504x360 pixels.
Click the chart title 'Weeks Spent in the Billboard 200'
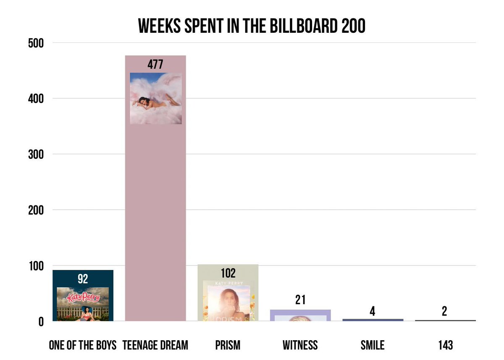tap(252, 26)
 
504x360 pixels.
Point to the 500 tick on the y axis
tap(36, 43)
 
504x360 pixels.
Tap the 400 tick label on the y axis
tap(36, 99)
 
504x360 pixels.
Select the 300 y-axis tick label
tap(36, 155)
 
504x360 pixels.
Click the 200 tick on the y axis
tap(36, 210)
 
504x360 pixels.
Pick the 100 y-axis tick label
tap(36, 266)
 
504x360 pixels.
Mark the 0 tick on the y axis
tap(41, 322)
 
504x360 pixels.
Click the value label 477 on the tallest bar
tap(155, 65)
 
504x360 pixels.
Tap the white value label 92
tap(83, 279)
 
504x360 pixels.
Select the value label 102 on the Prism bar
tap(228, 273)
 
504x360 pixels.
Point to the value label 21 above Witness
tap(300, 300)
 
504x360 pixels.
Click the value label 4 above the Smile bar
tap(373, 311)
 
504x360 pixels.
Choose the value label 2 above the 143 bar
tap(444, 311)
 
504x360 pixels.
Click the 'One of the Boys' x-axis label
tap(83, 345)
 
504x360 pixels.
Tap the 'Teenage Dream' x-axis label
tap(155, 345)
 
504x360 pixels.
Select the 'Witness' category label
tap(300, 345)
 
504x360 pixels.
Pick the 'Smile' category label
tap(373, 345)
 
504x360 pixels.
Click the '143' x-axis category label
tap(446, 345)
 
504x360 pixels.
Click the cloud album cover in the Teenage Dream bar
tap(156, 98)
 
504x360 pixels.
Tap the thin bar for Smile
tap(373, 320)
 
